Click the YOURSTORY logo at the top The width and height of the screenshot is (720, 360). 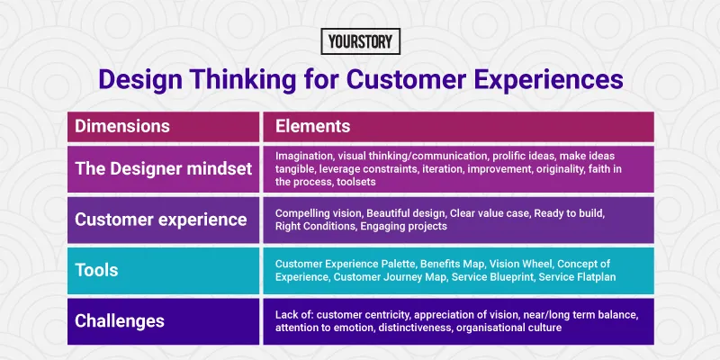[360, 41]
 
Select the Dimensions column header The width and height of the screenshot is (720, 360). [121, 126]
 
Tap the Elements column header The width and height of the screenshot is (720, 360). [312, 126]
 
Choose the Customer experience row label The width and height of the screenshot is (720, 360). [159, 220]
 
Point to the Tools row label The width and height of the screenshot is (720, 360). [98, 270]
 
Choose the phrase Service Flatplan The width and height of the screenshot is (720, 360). [583, 276]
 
